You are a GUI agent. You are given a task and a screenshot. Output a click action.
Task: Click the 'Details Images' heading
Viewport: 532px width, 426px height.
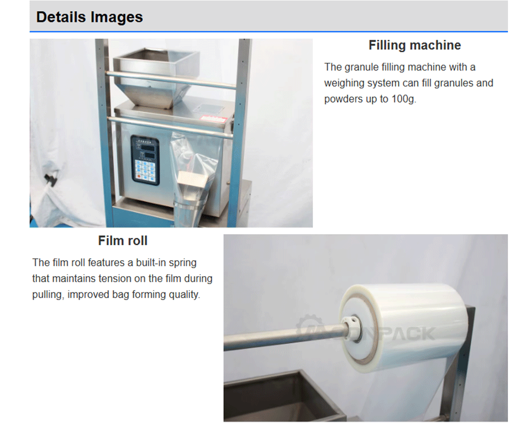(x=90, y=17)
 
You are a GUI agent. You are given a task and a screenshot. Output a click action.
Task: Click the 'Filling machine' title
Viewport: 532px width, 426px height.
(x=415, y=45)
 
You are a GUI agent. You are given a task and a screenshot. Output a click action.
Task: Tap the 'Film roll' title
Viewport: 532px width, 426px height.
(x=123, y=240)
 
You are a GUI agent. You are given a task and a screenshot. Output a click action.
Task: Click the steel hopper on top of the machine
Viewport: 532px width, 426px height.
(x=156, y=77)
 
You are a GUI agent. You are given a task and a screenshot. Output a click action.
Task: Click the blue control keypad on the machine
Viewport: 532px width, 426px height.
(x=145, y=160)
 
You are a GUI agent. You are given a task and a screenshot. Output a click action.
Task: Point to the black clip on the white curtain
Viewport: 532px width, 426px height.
(x=51, y=179)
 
